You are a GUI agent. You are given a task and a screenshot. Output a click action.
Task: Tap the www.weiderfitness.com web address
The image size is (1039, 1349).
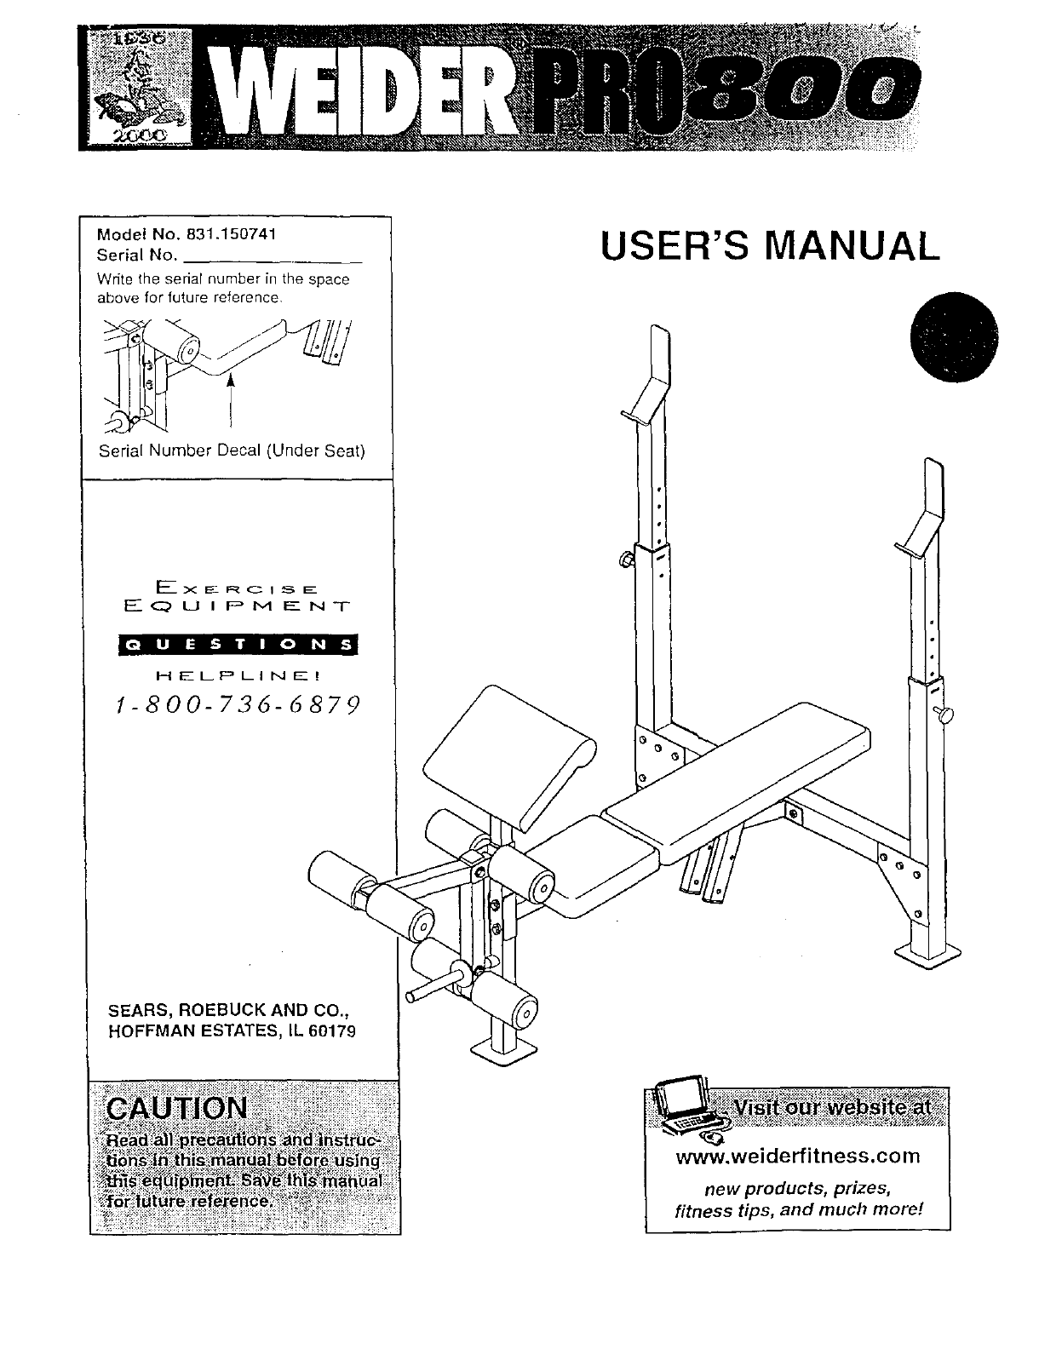797,1156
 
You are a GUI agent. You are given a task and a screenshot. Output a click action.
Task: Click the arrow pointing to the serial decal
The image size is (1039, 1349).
230,400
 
